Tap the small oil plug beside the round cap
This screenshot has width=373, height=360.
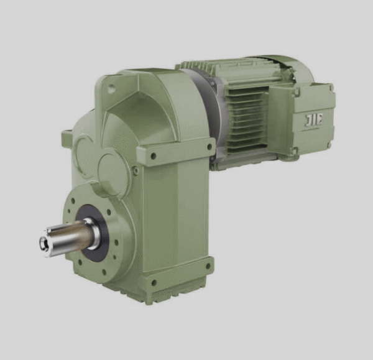[x=135, y=170]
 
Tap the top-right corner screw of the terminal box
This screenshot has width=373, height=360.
[x=331, y=89]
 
